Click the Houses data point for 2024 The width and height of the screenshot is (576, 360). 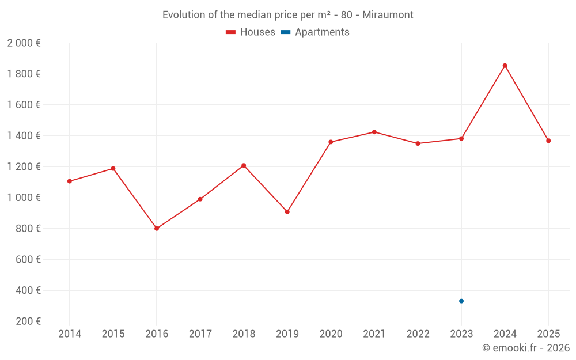point(505,66)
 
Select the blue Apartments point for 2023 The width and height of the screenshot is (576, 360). point(461,301)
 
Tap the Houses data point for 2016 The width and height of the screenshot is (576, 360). point(157,229)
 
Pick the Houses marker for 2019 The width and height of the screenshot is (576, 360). point(287,212)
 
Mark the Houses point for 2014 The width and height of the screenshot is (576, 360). point(70,181)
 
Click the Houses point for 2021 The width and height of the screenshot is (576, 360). point(374,132)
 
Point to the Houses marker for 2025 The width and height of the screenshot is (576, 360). point(548,141)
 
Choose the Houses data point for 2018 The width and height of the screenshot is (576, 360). point(244,165)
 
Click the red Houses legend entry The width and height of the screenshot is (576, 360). point(251,32)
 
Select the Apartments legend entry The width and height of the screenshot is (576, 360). point(315,32)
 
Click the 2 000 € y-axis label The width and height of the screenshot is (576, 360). point(24,43)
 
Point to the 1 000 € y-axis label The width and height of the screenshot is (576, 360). point(24,198)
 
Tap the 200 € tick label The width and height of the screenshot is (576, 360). point(27,321)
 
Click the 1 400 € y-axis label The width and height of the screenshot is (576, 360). point(24,136)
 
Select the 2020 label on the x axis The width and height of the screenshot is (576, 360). point(331,334)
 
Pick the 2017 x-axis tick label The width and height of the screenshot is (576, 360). point(200,334)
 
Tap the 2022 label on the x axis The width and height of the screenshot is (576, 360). point(418,334)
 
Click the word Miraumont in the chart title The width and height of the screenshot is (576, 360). point(388,15)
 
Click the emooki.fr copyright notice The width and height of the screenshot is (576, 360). point(525,348)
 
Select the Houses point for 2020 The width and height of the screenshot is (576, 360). point(331,142)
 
